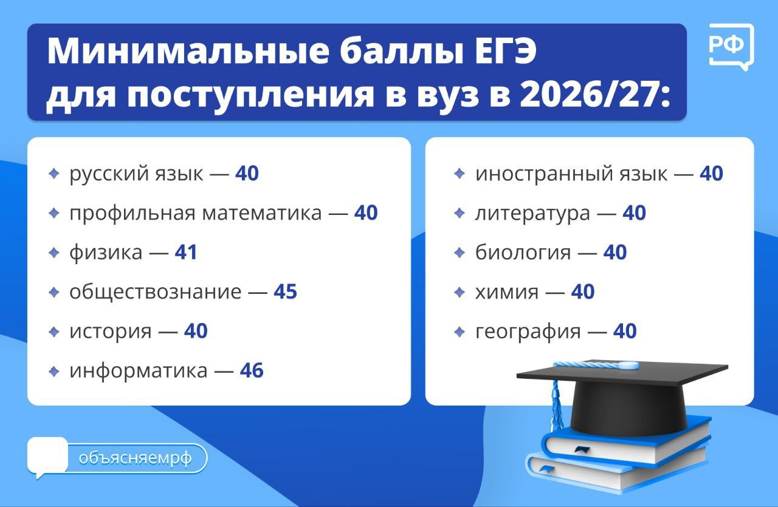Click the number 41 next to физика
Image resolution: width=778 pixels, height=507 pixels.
click(x=185, y=253)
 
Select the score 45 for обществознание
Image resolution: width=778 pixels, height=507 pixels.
click(x=284, y=292)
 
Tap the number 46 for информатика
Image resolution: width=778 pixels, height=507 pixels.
click(x=251, y=370)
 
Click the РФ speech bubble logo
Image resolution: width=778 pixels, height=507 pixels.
click(x=731, y=46)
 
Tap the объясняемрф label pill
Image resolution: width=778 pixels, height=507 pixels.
click(x=136, y=458)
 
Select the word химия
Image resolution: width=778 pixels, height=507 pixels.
click(x=506, y=292)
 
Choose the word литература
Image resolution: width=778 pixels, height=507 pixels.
click(x=532, y=214)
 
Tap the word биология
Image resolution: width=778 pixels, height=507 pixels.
click(x=523, y=253)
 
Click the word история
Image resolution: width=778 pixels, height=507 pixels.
click(x=110, y=332)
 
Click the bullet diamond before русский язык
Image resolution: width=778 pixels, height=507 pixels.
click(x=54, y=174)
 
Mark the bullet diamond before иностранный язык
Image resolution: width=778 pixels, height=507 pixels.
click(x=460, y=174)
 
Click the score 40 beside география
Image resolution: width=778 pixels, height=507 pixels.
click(x=624, y=332)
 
